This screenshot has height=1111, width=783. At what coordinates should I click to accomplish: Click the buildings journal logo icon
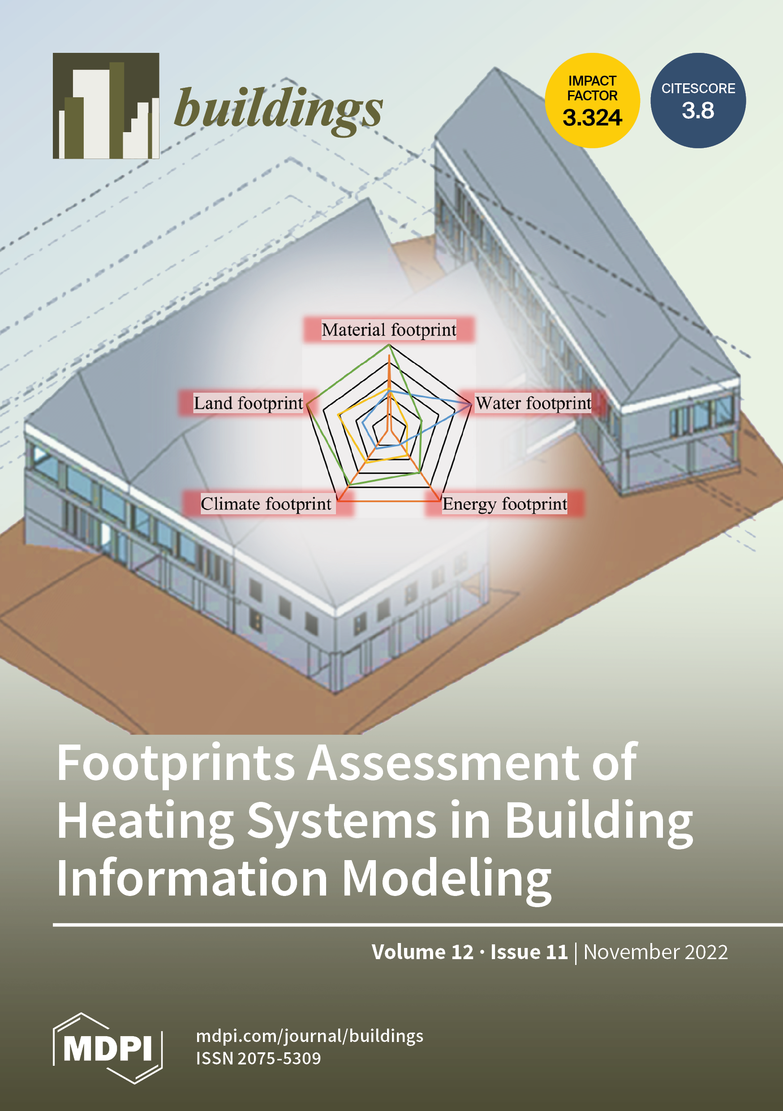(106, 106)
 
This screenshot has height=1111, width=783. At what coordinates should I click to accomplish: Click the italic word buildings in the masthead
(278, 109)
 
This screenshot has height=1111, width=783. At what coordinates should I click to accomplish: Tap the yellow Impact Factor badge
(592, 101)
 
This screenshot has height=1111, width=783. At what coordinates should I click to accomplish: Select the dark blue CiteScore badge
(698, 101)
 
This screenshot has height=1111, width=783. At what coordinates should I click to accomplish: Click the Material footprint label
(389, 330)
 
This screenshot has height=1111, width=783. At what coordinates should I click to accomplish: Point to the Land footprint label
(248, 403)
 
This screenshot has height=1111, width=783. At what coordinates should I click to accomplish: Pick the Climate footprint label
(266, 504)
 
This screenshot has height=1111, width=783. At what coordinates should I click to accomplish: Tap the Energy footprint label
(504, 504)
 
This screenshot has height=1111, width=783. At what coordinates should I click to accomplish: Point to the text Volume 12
(422, 952)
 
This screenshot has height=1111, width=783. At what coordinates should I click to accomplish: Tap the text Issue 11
(529, 952)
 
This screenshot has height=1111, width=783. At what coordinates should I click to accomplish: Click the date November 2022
(655, 952)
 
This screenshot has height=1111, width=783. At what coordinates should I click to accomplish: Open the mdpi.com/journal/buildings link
(309, 1036)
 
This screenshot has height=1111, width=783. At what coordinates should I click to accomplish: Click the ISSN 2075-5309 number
(258, 1058)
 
